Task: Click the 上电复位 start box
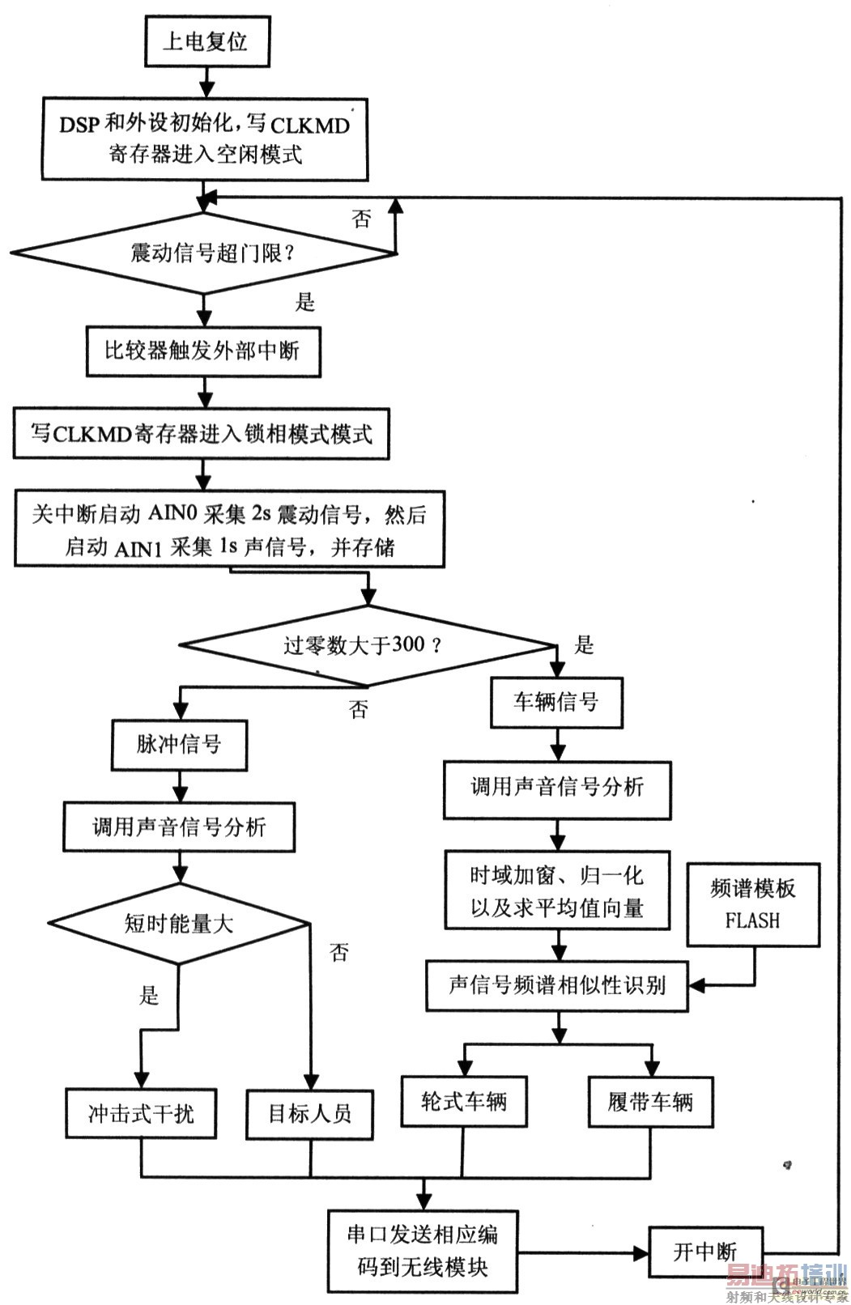[206, 42]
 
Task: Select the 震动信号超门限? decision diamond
[203, 253]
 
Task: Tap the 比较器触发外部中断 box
[202, 351]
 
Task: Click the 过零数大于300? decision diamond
[366, 645]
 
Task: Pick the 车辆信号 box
[556, 701]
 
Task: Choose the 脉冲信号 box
[179, 744]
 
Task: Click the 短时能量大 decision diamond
[179, 924]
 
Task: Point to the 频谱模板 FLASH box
[753, 904]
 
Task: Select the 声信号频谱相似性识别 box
[556, 985]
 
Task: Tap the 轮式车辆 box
[464, 1101]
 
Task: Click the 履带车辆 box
[651, 1101]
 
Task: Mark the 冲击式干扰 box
[141, 1114]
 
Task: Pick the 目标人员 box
[310, 1114]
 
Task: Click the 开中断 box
[705, 1252]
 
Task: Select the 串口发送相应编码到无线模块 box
[422, 1251]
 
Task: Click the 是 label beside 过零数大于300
[584, 645]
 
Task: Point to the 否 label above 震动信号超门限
[361, 219]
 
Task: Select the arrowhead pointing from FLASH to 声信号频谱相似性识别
[695, 985]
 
